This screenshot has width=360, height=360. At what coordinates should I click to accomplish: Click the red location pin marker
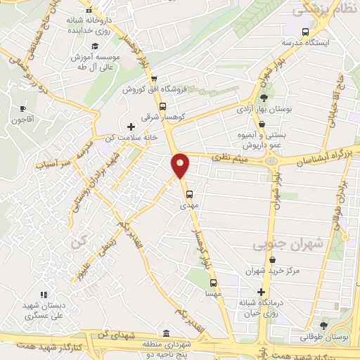click(x=181, y=165)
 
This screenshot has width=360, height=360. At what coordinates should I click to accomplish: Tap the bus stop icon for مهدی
click(x=188, y=195)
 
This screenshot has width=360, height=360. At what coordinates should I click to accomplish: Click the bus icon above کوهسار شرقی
click(x=163, y=107)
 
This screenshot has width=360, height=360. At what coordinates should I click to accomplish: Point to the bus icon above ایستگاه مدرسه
click(x=304, y=32)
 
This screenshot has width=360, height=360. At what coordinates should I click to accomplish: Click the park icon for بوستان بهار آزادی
click(x=264, y=98)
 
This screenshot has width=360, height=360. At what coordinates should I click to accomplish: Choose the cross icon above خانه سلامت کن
click(x=131, y=127)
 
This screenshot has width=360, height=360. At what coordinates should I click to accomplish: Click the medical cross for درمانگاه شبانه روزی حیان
click(x=262, y=291)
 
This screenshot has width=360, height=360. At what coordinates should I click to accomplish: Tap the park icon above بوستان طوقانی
click(x=323, y=325)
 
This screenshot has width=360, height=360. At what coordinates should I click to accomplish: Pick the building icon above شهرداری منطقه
click(x=165, y=333)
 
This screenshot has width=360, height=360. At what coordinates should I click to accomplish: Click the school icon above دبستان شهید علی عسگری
click(x=43, y=295)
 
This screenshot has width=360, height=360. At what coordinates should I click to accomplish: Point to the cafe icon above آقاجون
click(x=23, y=108)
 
